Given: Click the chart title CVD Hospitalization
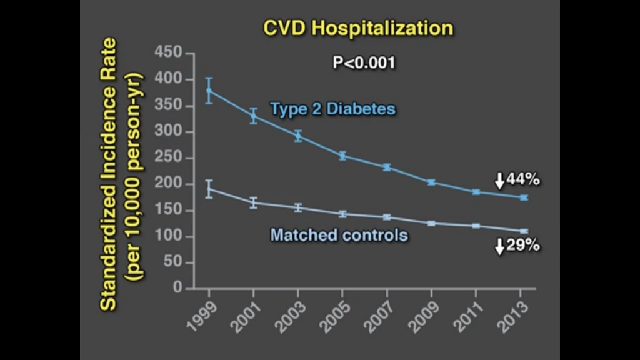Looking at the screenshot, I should coord(358,28).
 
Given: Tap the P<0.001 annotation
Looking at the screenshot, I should coord(364,62).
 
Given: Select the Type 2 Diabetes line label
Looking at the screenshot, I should coord(333,109).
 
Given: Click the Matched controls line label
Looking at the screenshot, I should coord(339,235).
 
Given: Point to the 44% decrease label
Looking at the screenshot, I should coord(522,179).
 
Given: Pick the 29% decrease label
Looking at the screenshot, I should coord(522,245).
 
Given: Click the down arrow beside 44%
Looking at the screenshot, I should coord(499,181).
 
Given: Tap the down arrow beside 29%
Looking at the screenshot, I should coord(499,247).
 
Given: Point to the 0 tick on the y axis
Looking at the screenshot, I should coord(178,288).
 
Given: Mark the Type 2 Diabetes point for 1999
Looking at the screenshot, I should coord(209,90).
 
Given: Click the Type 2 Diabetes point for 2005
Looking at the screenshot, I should coord(342,156).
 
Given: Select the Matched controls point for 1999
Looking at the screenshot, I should coord(209,189).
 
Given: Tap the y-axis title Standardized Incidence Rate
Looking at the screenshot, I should coord(109,174).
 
